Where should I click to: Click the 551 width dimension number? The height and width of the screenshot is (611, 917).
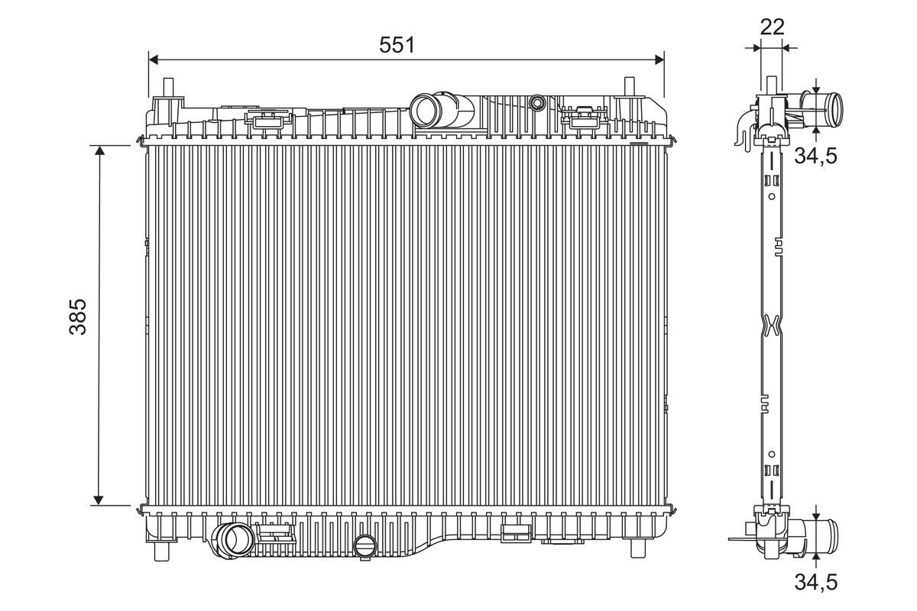[x=397, y=45]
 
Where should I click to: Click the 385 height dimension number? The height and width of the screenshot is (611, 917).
[x=79, y=316]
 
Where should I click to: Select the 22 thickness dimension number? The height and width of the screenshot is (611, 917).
[x=773, y=27]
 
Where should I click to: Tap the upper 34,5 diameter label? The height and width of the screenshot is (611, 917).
[x=816, y=156]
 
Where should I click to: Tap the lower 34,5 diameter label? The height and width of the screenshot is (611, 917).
[x=816, y=582]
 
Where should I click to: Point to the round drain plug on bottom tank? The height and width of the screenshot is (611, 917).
[x=366, y=545]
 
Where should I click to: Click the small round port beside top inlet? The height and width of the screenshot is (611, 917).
[x=538, y=102]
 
